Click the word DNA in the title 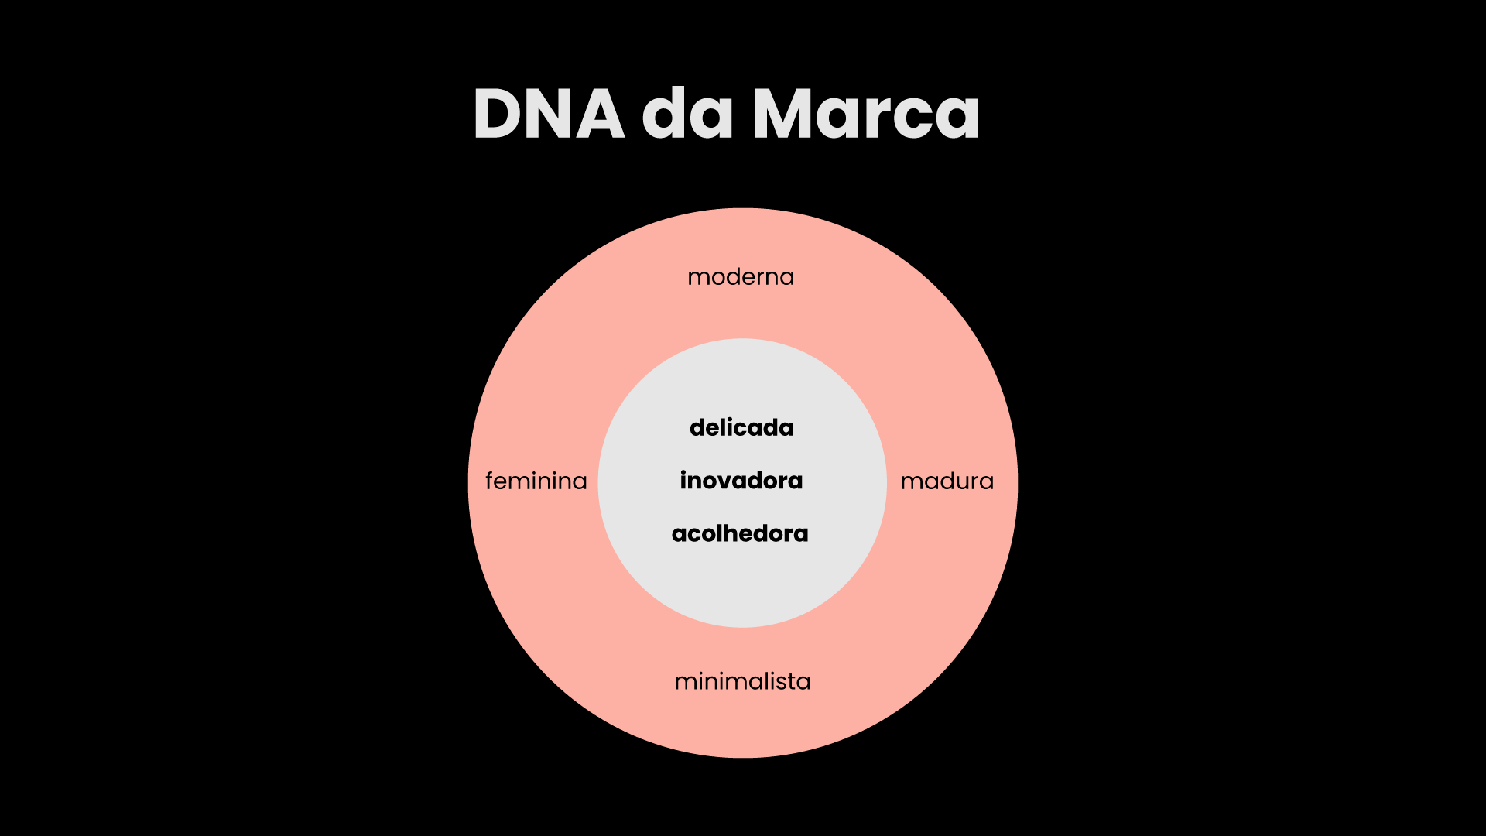coord(548,114)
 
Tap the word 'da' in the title coord(687,114)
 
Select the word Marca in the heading coord(866,114)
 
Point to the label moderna coord(741,277)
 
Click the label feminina coord(536,481)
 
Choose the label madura coord(947,481)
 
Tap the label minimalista coord(742,682)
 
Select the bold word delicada coord(741,427)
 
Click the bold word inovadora coord(741,481)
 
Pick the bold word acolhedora coord(740,533)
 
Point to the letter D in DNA coord(498,114)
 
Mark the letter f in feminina coord(490,481)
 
